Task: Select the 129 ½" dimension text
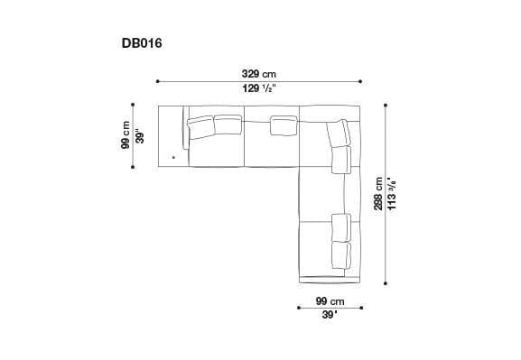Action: tap(258, 88)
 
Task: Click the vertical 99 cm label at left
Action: tap(126, 136)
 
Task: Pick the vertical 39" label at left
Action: tap(140, 136)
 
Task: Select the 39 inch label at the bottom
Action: tap(329, 315)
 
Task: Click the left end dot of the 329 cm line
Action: tap(157, 81)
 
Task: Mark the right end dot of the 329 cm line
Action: tap(360, 81)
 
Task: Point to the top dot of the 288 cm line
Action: tap(387, 106)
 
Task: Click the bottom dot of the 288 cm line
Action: tap(387, 282)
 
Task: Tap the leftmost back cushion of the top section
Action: tap(200, 125)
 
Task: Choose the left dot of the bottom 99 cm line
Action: tap(299, 308)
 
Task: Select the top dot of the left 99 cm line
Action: tap(133, 105)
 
